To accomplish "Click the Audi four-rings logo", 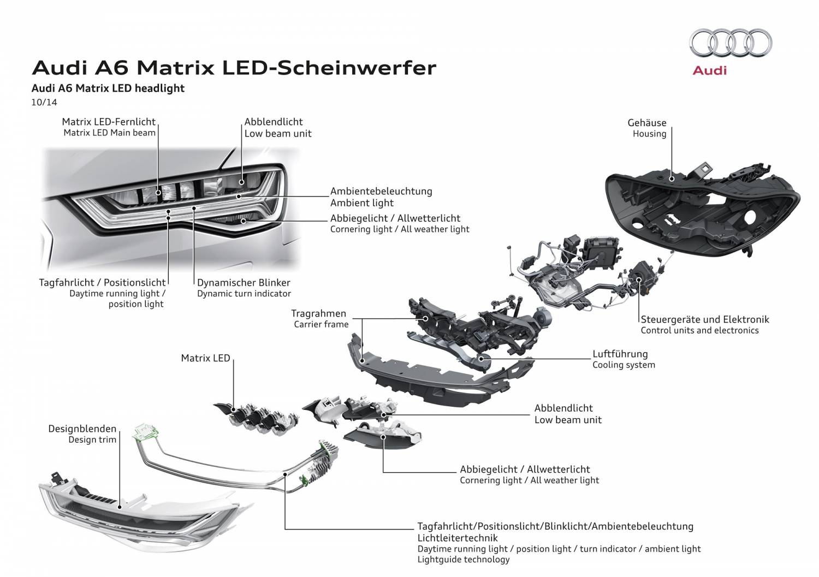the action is tap(731, 43).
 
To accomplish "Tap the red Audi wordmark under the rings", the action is tap(710, 70).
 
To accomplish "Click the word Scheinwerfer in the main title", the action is tap(357, 68).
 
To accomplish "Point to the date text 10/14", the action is tap(44, 102).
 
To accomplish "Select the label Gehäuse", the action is tap(647, 122).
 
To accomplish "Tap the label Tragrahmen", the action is tap(318, 313).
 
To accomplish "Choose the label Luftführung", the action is tap(620, 354).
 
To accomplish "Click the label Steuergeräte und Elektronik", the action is tap(705, 319).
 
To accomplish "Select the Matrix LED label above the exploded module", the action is tap(205, 358).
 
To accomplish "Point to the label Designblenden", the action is tap(82, 429).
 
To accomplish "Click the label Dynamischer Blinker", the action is tap(244, 283).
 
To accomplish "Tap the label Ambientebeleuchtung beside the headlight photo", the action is tap(381, 191).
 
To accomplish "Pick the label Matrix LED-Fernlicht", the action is tap(109, 122).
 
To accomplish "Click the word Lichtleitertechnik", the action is tap(458, 538).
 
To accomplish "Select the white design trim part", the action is tap(139, 512).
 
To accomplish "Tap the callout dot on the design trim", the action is tap(120, 507).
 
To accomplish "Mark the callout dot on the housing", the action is tap(672, 179).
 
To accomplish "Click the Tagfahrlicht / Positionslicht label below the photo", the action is tap(103, 283).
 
